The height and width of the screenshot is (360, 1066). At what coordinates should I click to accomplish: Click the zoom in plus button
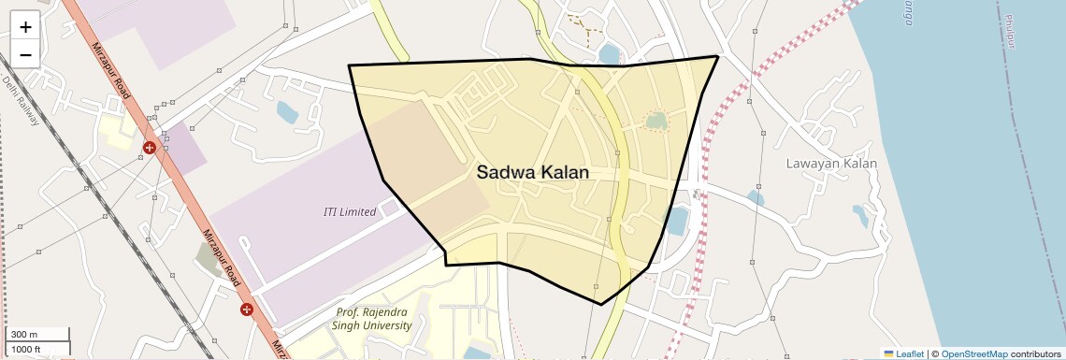pyautogui.click(x=25, y=27)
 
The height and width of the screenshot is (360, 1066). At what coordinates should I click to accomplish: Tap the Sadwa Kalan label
pyautogui.click(x=532, y=172)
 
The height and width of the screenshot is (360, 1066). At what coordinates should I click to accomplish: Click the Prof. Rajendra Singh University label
pyautogui.click(x=372, y=319)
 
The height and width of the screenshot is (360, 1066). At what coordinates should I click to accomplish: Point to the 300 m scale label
pyautogui.click(x=25, y=335)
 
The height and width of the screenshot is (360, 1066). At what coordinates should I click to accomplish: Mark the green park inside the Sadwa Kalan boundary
pyautogui.click(x=657, y=121)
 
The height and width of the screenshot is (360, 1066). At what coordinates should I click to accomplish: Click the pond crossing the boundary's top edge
pyautogui.click(x=611, y=54)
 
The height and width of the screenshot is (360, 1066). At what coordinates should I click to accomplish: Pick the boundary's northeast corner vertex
pyautogui.click(x=717, y=56)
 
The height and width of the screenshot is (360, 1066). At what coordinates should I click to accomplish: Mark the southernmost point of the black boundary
pyautogui.click(x=600, y=304)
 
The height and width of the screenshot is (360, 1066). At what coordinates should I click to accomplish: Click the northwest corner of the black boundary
pyautogui.click(x=349, y=65)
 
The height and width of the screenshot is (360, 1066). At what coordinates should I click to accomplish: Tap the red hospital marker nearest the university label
pyautogui.click(x=247, y=309)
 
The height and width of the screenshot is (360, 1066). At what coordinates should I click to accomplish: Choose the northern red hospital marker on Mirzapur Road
pyautogui.click(x=150, y=148)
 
